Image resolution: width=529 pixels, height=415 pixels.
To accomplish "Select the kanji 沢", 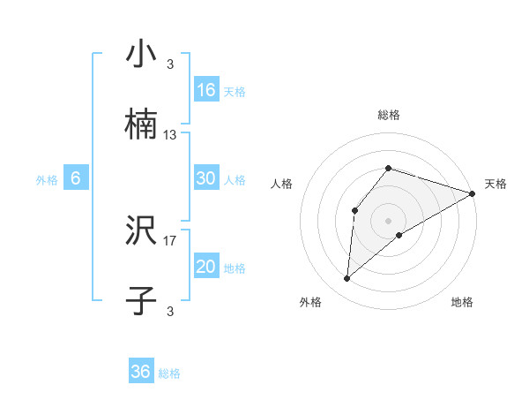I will pos(141,231).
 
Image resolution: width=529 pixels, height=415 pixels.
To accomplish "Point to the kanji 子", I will pos(141,301).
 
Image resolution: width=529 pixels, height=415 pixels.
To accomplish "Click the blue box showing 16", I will pos(206,90).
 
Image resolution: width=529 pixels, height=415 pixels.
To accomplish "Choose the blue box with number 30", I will pos(206,178).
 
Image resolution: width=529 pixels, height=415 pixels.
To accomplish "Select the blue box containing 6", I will pos(76,178).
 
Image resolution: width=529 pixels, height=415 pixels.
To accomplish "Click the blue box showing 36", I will pos(141,372).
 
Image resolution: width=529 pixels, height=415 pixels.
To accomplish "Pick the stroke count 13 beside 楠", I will pos(170,135).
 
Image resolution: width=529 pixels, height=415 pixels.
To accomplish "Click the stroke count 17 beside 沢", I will pos(170,240).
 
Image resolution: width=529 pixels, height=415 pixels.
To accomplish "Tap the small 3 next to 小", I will pos(170,64).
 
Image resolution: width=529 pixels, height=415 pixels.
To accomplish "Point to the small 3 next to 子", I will pos(170,311).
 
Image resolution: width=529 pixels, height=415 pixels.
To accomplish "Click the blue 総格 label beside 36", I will pos(169,373).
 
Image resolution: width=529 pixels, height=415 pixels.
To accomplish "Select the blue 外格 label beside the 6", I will pos(47,180).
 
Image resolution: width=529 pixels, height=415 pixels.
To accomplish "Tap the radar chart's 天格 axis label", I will pos(495,184).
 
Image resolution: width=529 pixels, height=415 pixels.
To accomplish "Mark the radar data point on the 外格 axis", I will pos(346,279).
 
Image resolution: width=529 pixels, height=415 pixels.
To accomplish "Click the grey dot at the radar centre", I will pos(389,220).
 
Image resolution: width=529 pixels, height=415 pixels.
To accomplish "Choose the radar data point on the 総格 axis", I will pos(389,168).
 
